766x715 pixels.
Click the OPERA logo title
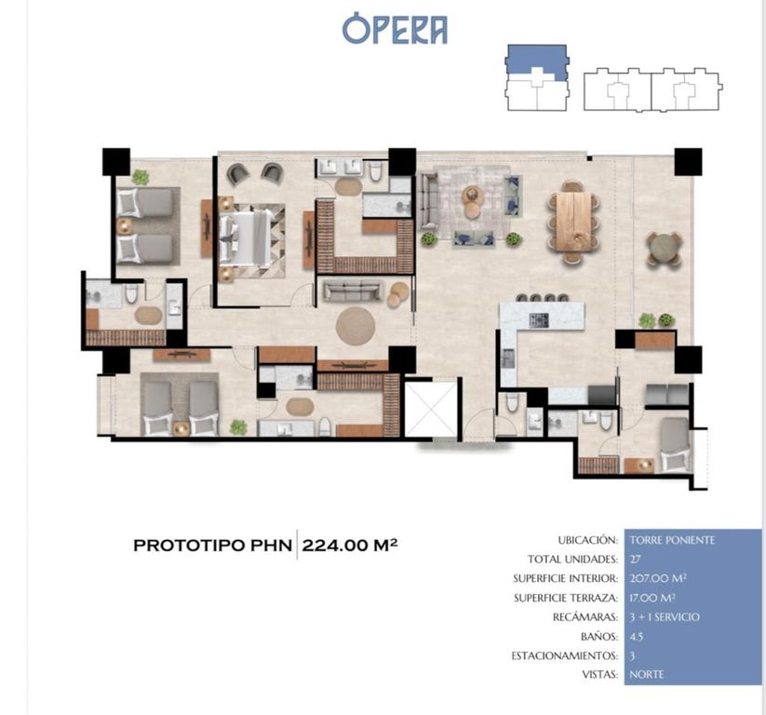pyautogui.click(x=395, y=31)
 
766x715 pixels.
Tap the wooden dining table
pyautogui.click(x=573, y=222)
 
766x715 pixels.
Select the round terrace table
pyautogui.click(x=664, y=249)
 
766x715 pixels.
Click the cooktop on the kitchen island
pyautogui.click(x=539, y=320)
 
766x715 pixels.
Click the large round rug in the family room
pyautogui.click(x=356, y=326)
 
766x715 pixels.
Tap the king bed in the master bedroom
pyautogui.click(x=247, y=238)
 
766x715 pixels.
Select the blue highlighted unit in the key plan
pyautogui.click(x=537, y=61)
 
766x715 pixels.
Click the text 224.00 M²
pyautogui.click(x=349, y=545)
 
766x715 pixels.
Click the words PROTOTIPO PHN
pyautogui.click(x=212, y=546)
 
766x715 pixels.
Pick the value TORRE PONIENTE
pyautogui.click(x=672, y=540)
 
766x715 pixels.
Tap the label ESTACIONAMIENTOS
pyautogui.click(x=565, y=655)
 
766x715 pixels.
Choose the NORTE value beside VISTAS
pyautogui.click(x=647, y=675)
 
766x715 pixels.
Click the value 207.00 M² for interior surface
pyautogui.click(x=658, y=578)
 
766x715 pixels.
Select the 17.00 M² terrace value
pyautogui.click(x=652, y=598)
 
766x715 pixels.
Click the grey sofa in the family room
pyautogui.click(x=351, y=290)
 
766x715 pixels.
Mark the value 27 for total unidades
pyautogui.click(x=635, y=560)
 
